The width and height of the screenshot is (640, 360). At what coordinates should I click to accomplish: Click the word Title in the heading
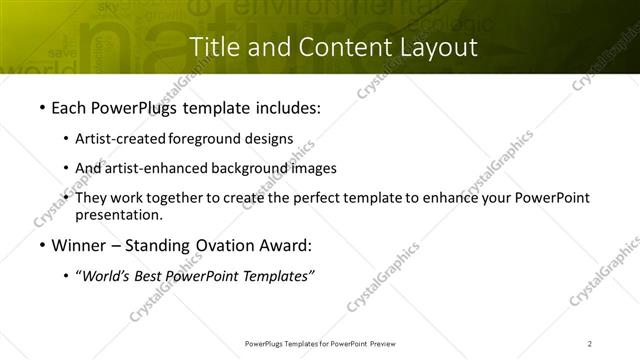[x=214, y=46]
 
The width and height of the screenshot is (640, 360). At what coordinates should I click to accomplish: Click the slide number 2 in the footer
[x=590, y=343]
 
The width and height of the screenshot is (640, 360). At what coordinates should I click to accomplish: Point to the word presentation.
[x=119, y=214]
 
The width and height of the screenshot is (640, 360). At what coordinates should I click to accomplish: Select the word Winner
[x=82, y=246]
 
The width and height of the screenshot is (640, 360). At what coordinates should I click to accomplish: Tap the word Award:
[x=284, y=246]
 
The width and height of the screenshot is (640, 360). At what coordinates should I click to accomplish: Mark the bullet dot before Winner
[x=40, y=246]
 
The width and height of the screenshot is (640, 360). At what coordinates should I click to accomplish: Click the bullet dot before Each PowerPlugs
[x=40, y=108]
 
